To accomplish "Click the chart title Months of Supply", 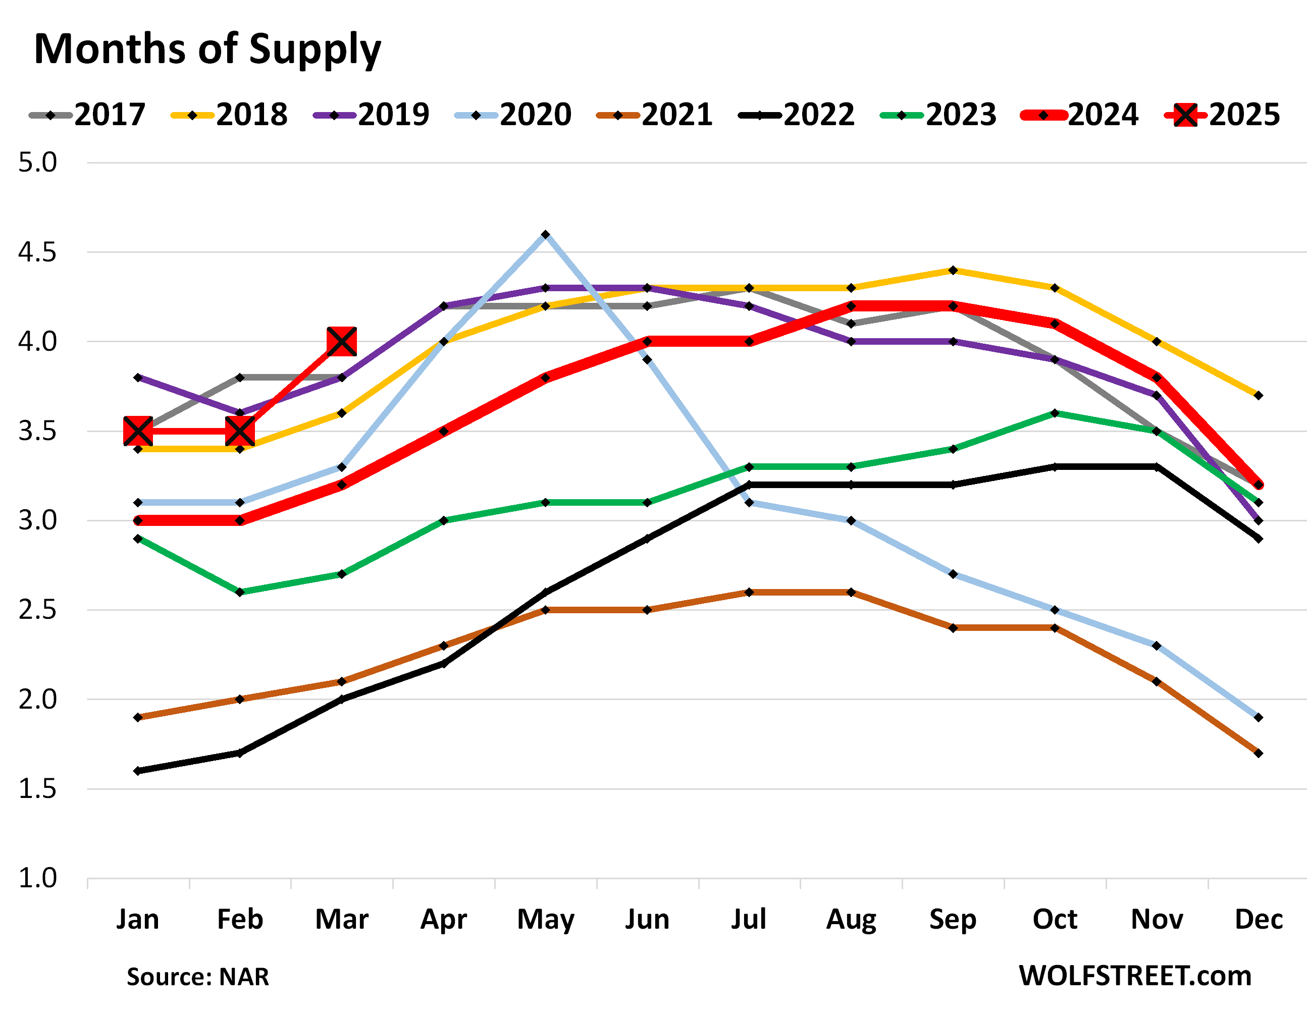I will tap(207, 49).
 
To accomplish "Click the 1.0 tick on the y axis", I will tap(37, 879).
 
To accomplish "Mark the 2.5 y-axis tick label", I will tap(37, 610).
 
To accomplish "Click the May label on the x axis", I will tap(545, 919).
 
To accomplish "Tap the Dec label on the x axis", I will tap(1259, 919).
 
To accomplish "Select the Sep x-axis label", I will tap(953, 919).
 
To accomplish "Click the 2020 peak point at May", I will tap(545, 235).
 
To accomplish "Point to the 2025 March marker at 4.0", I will tap(342, 342).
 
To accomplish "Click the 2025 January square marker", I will tap(138, 431).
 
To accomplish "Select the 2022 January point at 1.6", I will tap(138, 771).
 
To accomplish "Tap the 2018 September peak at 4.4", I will tap(953, 271).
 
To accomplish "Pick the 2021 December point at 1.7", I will tap(1259, 753).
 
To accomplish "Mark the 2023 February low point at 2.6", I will tap(240, 592).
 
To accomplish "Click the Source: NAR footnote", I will tap(197, 977).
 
